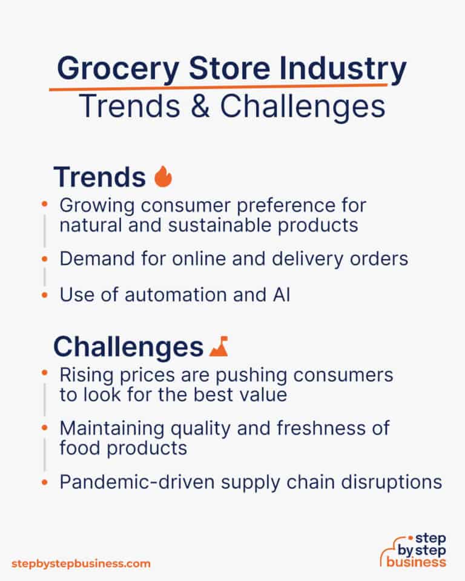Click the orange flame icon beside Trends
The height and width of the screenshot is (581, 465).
click(x=163, y=177)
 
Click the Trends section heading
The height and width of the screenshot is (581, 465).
click(x=99, y=177)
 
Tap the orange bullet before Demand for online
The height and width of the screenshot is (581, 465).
click(x=44, y=259)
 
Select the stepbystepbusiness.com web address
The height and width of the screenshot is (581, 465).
click(x=81, y=563)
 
